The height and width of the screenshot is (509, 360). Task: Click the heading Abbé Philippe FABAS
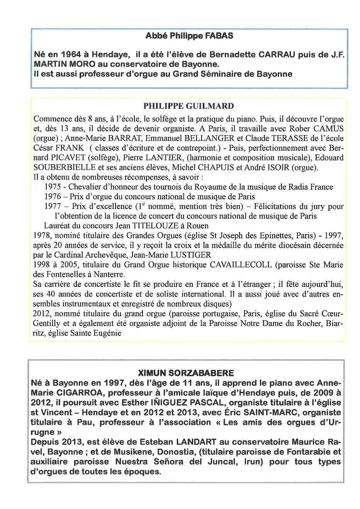click(189, 36)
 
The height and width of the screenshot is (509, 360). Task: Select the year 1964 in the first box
click(71, 54)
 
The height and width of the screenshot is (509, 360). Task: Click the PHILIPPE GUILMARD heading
click(188, 106)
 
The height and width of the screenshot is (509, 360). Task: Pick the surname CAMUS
click(328, 129)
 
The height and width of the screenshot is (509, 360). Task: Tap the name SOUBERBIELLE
click(65, 168)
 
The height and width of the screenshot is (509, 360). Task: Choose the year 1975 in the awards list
click(53, 187)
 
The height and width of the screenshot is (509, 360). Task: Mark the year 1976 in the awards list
click(53, 197)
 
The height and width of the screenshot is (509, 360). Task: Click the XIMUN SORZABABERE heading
click(186, 373)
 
